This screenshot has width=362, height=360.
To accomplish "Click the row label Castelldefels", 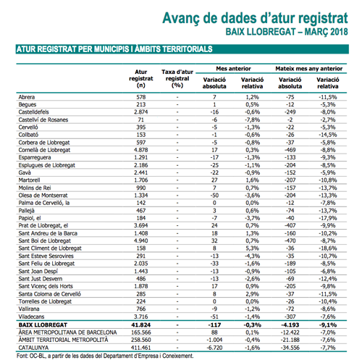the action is click(33, 112).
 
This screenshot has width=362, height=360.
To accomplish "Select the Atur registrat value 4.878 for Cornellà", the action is click(141, 150).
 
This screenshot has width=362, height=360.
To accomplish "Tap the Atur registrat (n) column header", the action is click(141, 78).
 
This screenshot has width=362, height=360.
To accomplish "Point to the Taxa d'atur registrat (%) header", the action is click(177, 78).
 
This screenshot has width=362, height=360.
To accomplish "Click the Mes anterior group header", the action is click(233, 69).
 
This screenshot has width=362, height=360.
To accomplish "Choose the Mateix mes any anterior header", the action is click(309, 69).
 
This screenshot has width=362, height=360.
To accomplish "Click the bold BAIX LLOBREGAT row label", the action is click(43, 325).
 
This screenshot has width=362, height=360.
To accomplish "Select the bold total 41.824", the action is click(141, 325).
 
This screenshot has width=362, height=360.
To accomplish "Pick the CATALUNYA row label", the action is click(33, 348).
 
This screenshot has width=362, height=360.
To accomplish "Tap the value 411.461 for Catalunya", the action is click(141, 348).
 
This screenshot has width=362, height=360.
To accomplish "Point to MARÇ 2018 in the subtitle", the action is click(327, 32).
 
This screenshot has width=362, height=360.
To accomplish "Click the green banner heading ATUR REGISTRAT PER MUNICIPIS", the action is click(72, 49).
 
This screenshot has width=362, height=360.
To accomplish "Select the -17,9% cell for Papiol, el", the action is click(328, 218).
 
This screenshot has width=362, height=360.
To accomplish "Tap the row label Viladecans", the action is click(31, 317).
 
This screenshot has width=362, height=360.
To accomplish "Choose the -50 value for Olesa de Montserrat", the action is click(214, 196).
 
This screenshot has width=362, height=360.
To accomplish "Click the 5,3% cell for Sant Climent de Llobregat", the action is click(252, 248).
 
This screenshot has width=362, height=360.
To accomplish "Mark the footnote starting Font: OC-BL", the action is click(105, 356).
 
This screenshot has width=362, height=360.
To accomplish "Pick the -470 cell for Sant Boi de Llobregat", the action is click(290, 240).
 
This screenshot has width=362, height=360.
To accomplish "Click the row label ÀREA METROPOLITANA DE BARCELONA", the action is click(67, 332).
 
